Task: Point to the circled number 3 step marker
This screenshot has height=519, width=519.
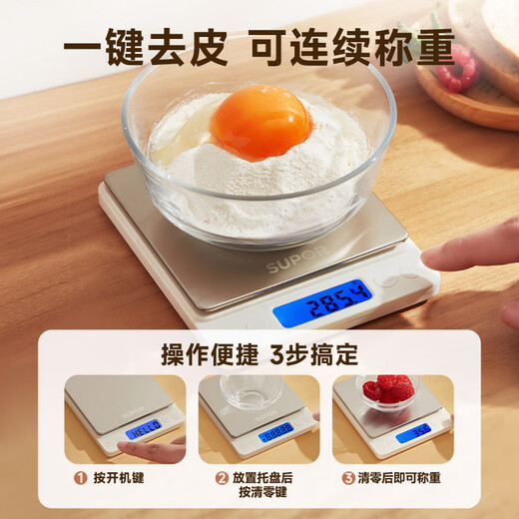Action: pos(349,478)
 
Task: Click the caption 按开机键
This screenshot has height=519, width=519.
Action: pos(120,478)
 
